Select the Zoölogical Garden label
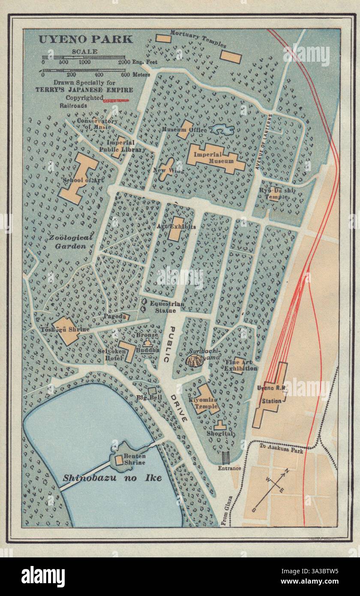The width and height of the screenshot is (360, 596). [74, 242]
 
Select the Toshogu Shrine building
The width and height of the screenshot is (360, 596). [67, 330]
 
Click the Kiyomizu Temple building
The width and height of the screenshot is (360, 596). [205, 399]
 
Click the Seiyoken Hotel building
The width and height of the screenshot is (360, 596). [127, 352]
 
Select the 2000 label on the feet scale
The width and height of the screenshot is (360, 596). [125, 63]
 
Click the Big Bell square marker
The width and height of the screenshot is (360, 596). [152, 391]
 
